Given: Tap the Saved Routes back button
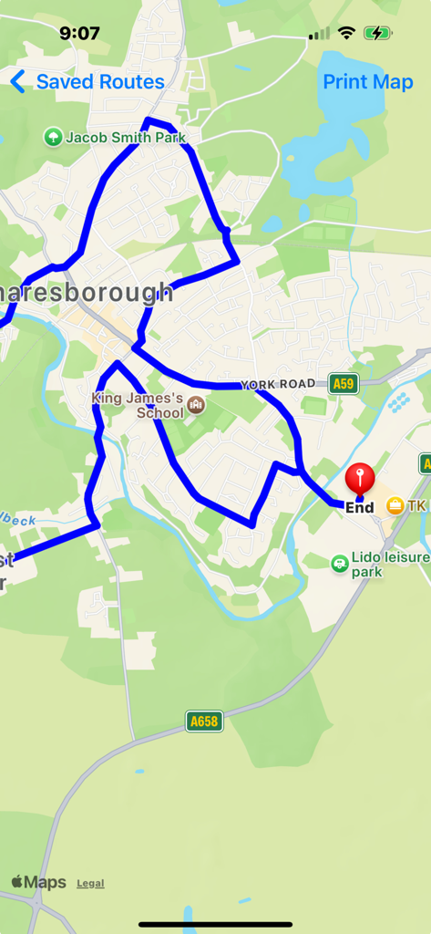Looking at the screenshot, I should pyautogui.click(x=87, y=82).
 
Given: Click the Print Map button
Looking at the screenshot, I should pyautogui.click(x=368, y=82).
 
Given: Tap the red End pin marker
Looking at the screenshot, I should pyautogui.click(x=360, y=478).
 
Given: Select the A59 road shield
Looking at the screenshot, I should pyautogui.click(x=343, y=384).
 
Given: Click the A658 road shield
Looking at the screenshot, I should pyautogui.click(x=204, y=721).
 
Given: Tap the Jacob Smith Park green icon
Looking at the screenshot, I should pyautogui.click(x=53, y=138).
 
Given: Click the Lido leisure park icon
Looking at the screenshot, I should pyautogui.click(x=340, y=563).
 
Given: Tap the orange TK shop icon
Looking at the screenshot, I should pyautogui.click(x=395, y=505).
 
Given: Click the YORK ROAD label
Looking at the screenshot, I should pyautogui.click(x=278, y=385).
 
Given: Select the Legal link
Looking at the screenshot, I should pyautogui.click(x=90, y=883).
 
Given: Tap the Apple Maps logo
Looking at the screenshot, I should pyautogui.click(x=39, y=882).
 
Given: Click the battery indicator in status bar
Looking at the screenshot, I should pyautogui.click(x=377, y=33).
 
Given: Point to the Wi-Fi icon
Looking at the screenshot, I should pyautogui.click(x=346, y=33).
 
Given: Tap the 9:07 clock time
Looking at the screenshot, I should pyautogui.click(x=79, y=33).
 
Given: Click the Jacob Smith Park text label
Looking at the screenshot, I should pyautogui.click(x=126, y=138).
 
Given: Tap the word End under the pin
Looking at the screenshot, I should pyautogui.click(x=360, y=507).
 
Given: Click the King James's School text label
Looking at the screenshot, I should pyautogui.click(x=139, y=405).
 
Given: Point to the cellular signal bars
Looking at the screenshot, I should pyautogui.click(x=319, y=34).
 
